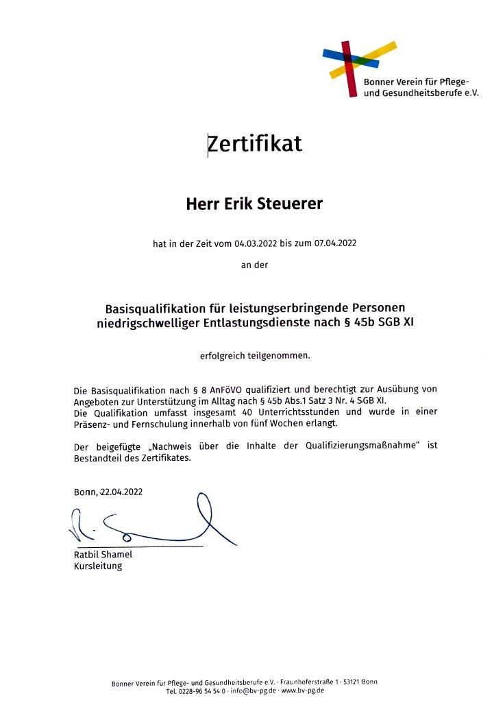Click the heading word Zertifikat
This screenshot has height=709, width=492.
254,144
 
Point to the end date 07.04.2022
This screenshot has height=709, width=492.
336,243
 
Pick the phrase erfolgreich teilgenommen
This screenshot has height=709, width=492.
254,356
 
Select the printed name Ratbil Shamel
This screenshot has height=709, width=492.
103,554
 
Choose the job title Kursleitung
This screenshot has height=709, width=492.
97,566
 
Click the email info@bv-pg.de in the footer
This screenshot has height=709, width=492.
253,691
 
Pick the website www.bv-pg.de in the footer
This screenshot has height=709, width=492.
303,691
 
